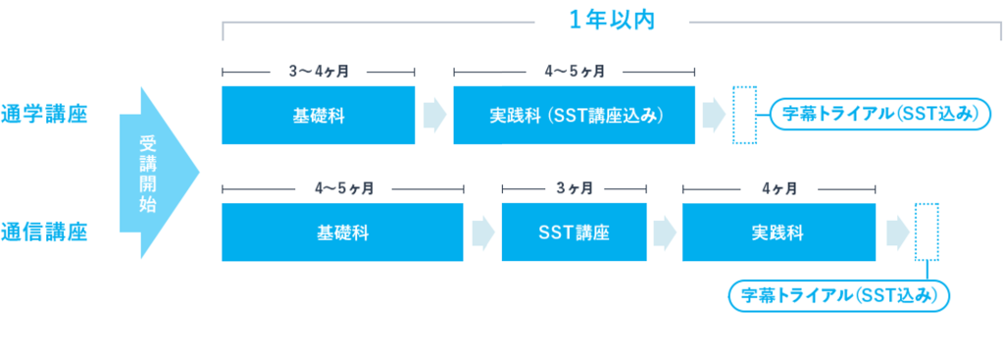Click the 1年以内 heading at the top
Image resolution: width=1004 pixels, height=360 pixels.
coord(612,21)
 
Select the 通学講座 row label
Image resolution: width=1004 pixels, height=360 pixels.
coord(44,115)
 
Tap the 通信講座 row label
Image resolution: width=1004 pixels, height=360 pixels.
coord(44,231)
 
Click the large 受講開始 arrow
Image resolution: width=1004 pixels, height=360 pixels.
coord(160,173)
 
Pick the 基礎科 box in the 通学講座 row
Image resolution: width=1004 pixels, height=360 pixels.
coord(319,116)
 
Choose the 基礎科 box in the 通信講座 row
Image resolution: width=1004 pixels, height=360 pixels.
coord(342,232)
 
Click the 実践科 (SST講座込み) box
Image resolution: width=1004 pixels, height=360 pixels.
coord(575,116)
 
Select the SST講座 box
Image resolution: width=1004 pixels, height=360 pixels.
coord(575,232)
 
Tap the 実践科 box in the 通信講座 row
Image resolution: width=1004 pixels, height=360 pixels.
coord(778,232)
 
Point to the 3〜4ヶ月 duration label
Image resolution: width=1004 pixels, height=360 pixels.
coord(319,71)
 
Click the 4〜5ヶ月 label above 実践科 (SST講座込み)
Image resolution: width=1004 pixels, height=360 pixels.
coord(575,71)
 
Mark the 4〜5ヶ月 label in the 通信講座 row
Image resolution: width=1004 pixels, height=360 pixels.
coord(342,189)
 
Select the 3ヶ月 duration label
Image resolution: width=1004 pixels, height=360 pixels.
coord(575,189)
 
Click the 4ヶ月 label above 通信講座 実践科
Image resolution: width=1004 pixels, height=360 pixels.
coord(778,189)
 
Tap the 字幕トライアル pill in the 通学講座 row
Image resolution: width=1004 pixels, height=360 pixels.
coord(879,115)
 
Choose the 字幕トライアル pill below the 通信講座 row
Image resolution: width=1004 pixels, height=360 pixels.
coord(839,296)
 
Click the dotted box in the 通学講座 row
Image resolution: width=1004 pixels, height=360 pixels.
coord(745,116)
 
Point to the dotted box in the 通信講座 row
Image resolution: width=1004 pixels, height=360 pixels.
coord(927,232)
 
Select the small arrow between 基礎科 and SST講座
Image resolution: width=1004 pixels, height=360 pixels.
coord(483,232)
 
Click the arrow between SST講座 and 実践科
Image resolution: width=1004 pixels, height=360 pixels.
coord(666,232)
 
